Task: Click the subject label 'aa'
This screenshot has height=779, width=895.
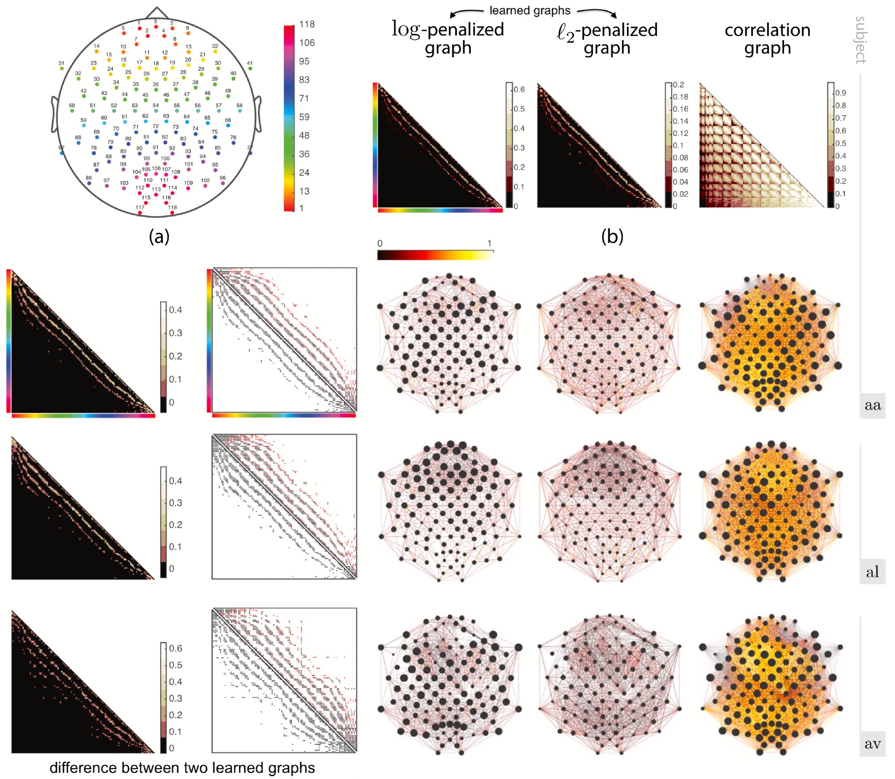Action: (x=872, y=405)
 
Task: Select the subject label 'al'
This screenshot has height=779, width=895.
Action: (x=872, y=572)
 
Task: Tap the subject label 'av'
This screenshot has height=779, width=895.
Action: (x=872, y=744)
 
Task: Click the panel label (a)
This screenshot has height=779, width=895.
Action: (x=159, y=236)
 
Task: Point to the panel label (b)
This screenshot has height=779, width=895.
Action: (x=612, y=236)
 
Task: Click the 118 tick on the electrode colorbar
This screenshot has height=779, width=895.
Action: (x=307, y=24)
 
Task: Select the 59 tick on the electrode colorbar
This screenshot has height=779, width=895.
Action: (x=304, y=117)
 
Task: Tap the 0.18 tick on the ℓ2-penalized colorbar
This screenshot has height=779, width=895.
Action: (x=681, y=97)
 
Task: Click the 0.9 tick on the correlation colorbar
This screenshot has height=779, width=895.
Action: (x=840, y=93)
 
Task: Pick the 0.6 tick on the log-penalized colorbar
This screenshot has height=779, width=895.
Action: (x=519, y=89)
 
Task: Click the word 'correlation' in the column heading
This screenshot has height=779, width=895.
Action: (x=767, y=30)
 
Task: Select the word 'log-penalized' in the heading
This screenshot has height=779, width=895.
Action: (x=448, y=30)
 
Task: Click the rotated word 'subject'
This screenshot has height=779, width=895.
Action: (x=861, y=40)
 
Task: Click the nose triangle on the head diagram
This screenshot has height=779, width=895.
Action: (x=157, y=13)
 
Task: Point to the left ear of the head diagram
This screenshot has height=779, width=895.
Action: (x=55, y=115)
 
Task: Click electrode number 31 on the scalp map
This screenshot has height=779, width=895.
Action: (x=61, y=68)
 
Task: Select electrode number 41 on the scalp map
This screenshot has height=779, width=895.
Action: (x=250, y=68)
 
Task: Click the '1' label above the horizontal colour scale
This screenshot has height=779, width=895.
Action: (x=490, y=243)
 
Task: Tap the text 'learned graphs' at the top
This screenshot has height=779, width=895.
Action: (x=530, y=10)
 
